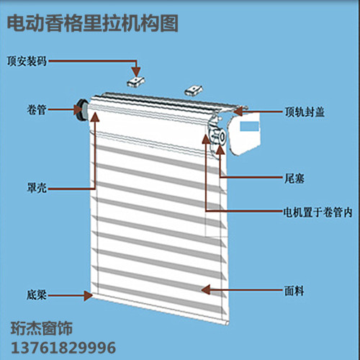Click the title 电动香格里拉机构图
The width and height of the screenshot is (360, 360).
(92, 23)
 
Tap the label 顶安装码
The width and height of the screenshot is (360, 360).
(27, 61)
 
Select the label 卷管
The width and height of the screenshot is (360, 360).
(37, 110)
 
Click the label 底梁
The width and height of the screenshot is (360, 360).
(37, 295)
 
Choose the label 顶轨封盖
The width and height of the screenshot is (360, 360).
(305, 112)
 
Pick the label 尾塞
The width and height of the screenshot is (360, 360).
(294, 179)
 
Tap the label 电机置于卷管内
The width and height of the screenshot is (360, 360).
(318, 212)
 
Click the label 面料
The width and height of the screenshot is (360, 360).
(294, 291)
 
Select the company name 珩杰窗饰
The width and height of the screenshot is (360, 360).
(42, 328)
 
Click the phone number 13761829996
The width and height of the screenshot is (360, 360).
(63, 348)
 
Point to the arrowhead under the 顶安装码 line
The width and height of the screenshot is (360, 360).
(136, 72)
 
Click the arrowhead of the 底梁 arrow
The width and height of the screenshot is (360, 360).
(88, 295)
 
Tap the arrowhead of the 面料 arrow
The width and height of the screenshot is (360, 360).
(206, 289)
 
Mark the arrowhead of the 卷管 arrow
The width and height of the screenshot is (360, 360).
(78, 109)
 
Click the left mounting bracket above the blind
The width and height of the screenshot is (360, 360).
(136, 81)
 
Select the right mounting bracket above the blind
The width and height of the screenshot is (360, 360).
(194, 91)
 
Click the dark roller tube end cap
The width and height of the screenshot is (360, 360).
(82, 111)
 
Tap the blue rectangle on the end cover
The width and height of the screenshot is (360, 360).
(250, 126)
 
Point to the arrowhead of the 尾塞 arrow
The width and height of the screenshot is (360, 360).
(220, 149)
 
